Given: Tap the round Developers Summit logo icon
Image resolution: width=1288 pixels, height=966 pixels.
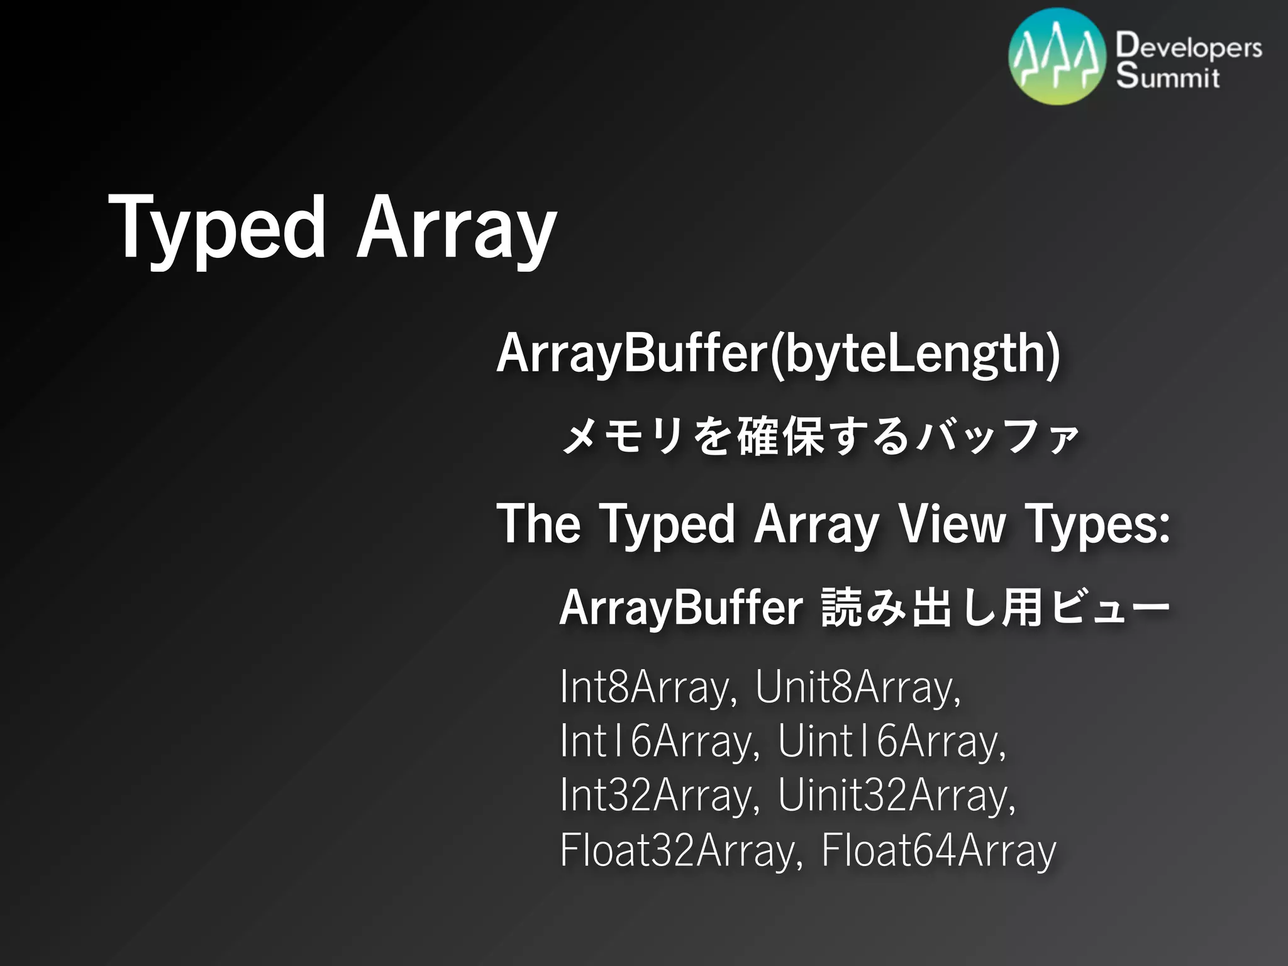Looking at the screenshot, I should [x=1057, y=57].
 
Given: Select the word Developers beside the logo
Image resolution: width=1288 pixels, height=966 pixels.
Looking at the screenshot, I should [x=1189, y=47].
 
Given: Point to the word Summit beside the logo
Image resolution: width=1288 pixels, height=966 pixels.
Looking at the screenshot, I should [x=1168, y=77].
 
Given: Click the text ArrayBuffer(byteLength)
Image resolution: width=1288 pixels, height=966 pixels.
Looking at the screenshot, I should [x=778, y=354].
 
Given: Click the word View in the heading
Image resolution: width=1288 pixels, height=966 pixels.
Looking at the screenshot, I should [x=952, y=523].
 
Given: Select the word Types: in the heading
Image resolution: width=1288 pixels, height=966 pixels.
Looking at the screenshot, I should [x=1097, y=525].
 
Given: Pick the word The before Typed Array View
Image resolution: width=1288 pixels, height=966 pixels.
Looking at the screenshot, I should [x=538, y=523].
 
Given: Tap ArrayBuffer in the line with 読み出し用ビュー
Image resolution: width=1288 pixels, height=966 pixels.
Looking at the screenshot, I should [x=680, y=609].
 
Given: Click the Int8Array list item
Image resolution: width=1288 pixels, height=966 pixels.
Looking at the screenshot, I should [x=648, y=687].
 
